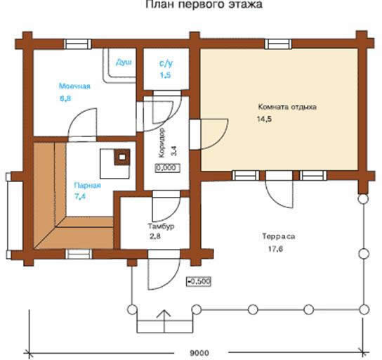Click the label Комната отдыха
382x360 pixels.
(x=287, y=107)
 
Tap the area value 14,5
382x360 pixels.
(x=264, y=120)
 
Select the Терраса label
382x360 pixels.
(x=279, y=236)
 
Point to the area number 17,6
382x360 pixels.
(x=275, y=249)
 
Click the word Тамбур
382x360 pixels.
(x=162, y=226)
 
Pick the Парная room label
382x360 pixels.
(x=88, y=186)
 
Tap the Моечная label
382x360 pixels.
(x=74, y=86)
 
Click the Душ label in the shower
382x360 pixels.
(x=124, y=63)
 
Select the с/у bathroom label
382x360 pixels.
(x=166, y=63)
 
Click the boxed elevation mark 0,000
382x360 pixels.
(x=168, y=167)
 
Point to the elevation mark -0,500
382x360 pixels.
(x=198, y=281)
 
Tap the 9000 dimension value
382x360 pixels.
(x=199, y=353)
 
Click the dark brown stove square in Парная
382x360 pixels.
(x=122, y=157)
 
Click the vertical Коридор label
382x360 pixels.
(x=162, y=143)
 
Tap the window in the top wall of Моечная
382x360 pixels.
(x=78, y=44)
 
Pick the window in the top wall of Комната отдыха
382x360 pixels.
(x=278, y=44)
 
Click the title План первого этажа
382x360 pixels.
(x=204, y=4)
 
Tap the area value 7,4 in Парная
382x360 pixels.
(x=80, y=196)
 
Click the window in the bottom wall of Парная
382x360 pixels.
(x=79, y=254)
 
